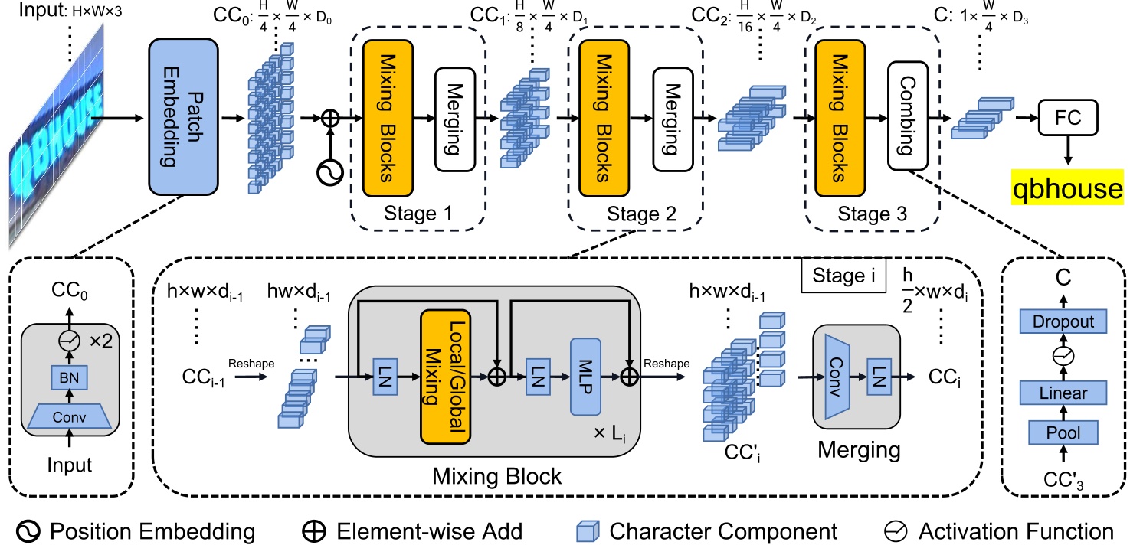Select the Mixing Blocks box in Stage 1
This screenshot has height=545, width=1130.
[x=388, y=119]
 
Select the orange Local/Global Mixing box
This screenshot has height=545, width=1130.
[x=444, y=379]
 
